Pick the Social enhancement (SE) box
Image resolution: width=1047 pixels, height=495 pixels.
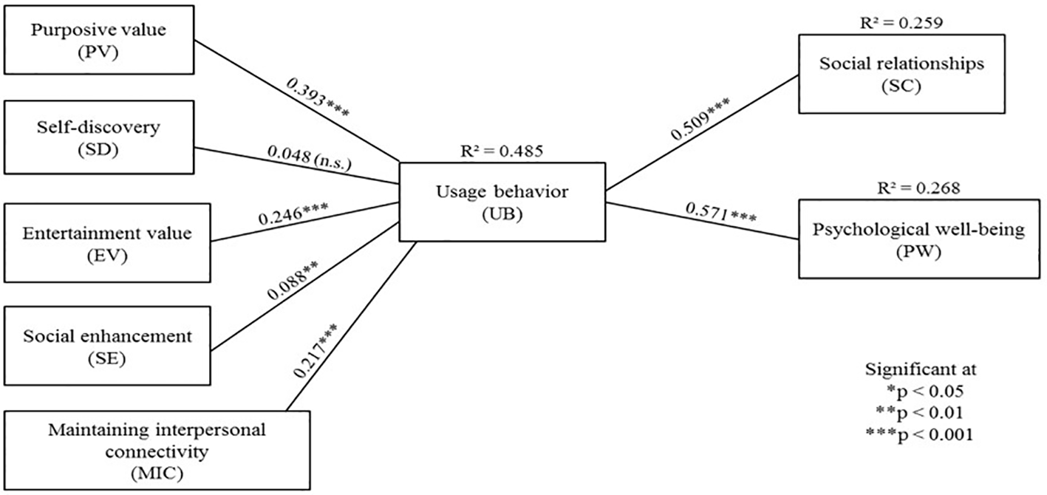pyautogui.click(x=106, y=346)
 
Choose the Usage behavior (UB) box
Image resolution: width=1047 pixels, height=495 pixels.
pyautogui.click(x=502, y=202)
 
